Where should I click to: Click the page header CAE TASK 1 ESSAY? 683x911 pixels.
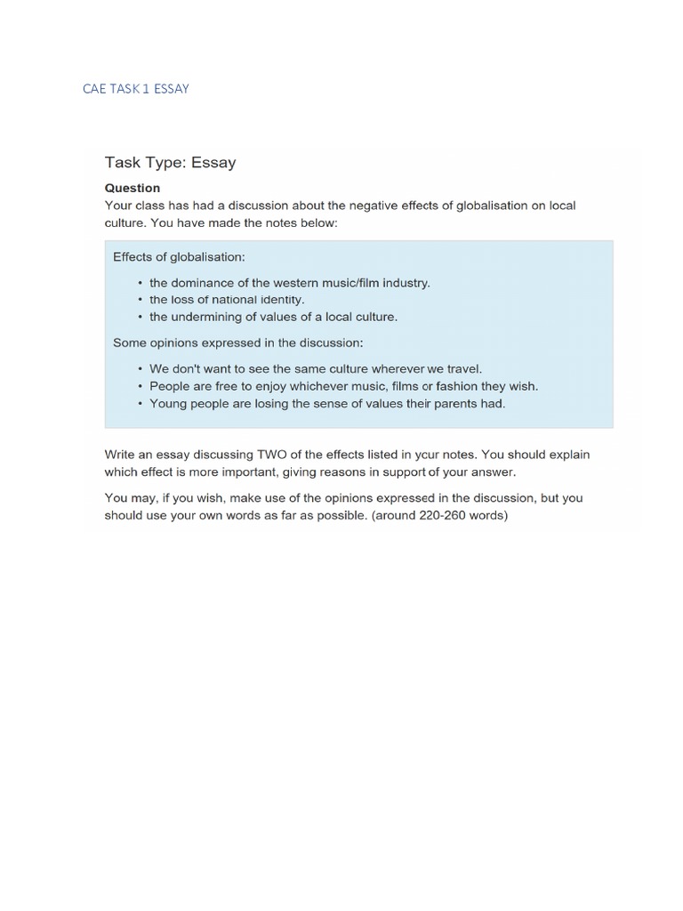(x=135, y=89)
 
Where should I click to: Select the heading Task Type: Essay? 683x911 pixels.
(x=170, y=163)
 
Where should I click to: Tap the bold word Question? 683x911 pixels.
(x=133, y=188)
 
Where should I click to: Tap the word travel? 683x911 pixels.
(x=462, y=368)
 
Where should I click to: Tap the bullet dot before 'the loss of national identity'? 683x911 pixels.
(x=140, y=301)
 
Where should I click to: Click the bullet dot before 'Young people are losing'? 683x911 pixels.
(x=140, y=404)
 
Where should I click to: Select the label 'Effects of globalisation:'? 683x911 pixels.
(x=179, y=257)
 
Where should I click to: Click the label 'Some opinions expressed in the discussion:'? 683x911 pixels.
(x=237, y=343)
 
